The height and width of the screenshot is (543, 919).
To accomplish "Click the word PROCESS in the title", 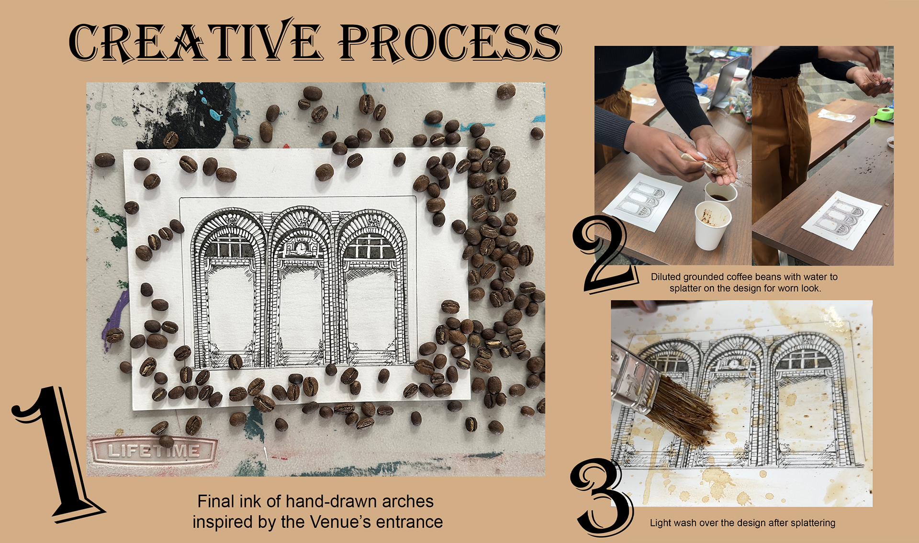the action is [x=450, y=42].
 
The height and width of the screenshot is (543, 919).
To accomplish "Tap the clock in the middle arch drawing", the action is [x=301, y=248].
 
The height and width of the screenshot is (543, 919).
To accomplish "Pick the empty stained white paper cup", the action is [x=712, y=225].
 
